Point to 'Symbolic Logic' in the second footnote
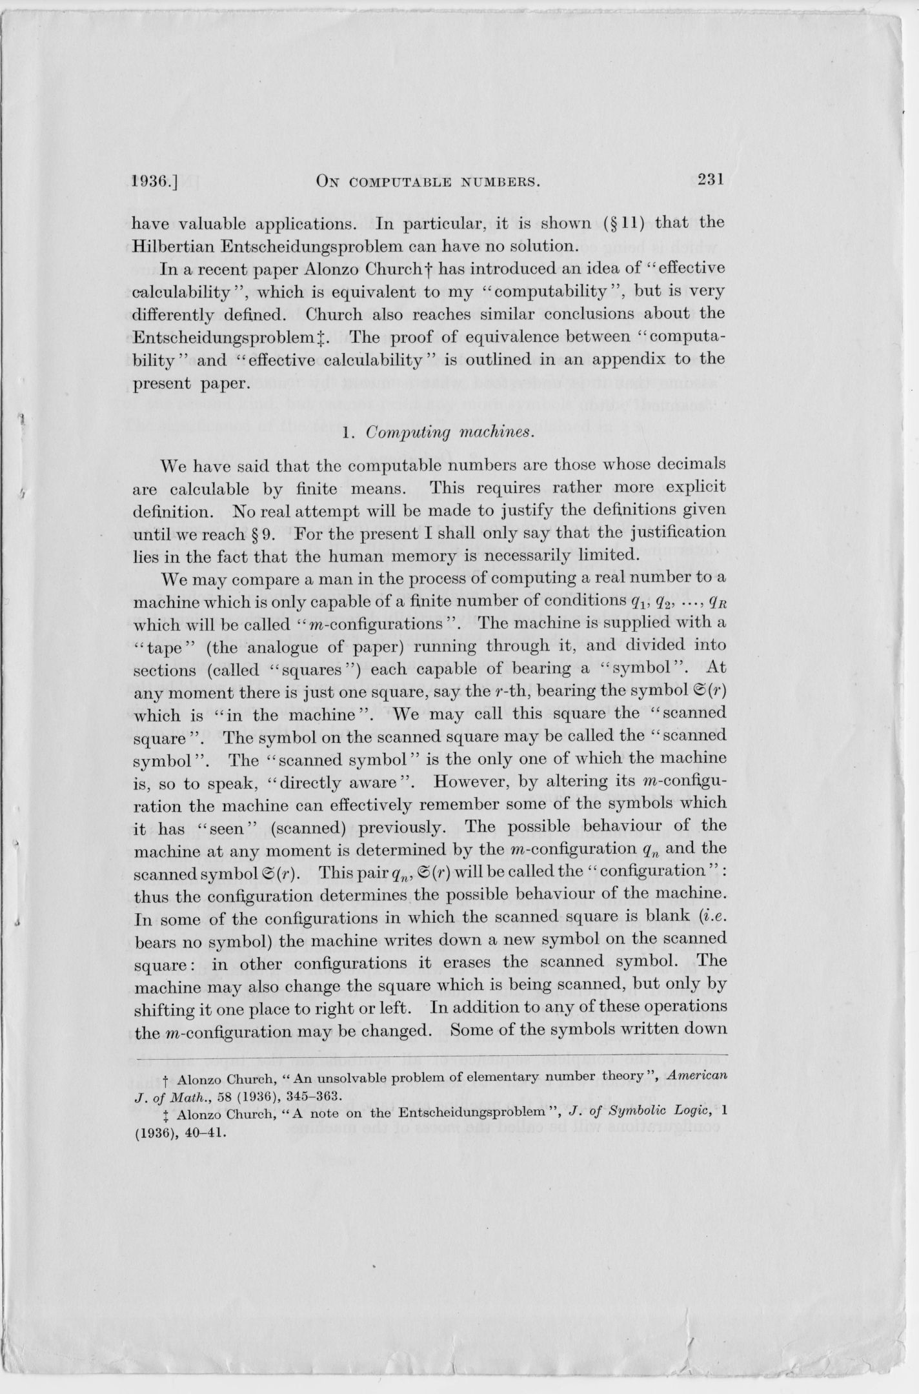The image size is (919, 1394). tap(669, 1111)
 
